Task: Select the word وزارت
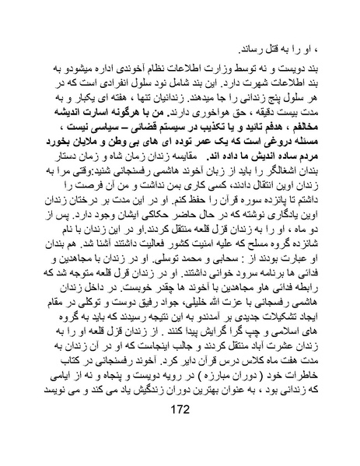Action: (x=218, y=66)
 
